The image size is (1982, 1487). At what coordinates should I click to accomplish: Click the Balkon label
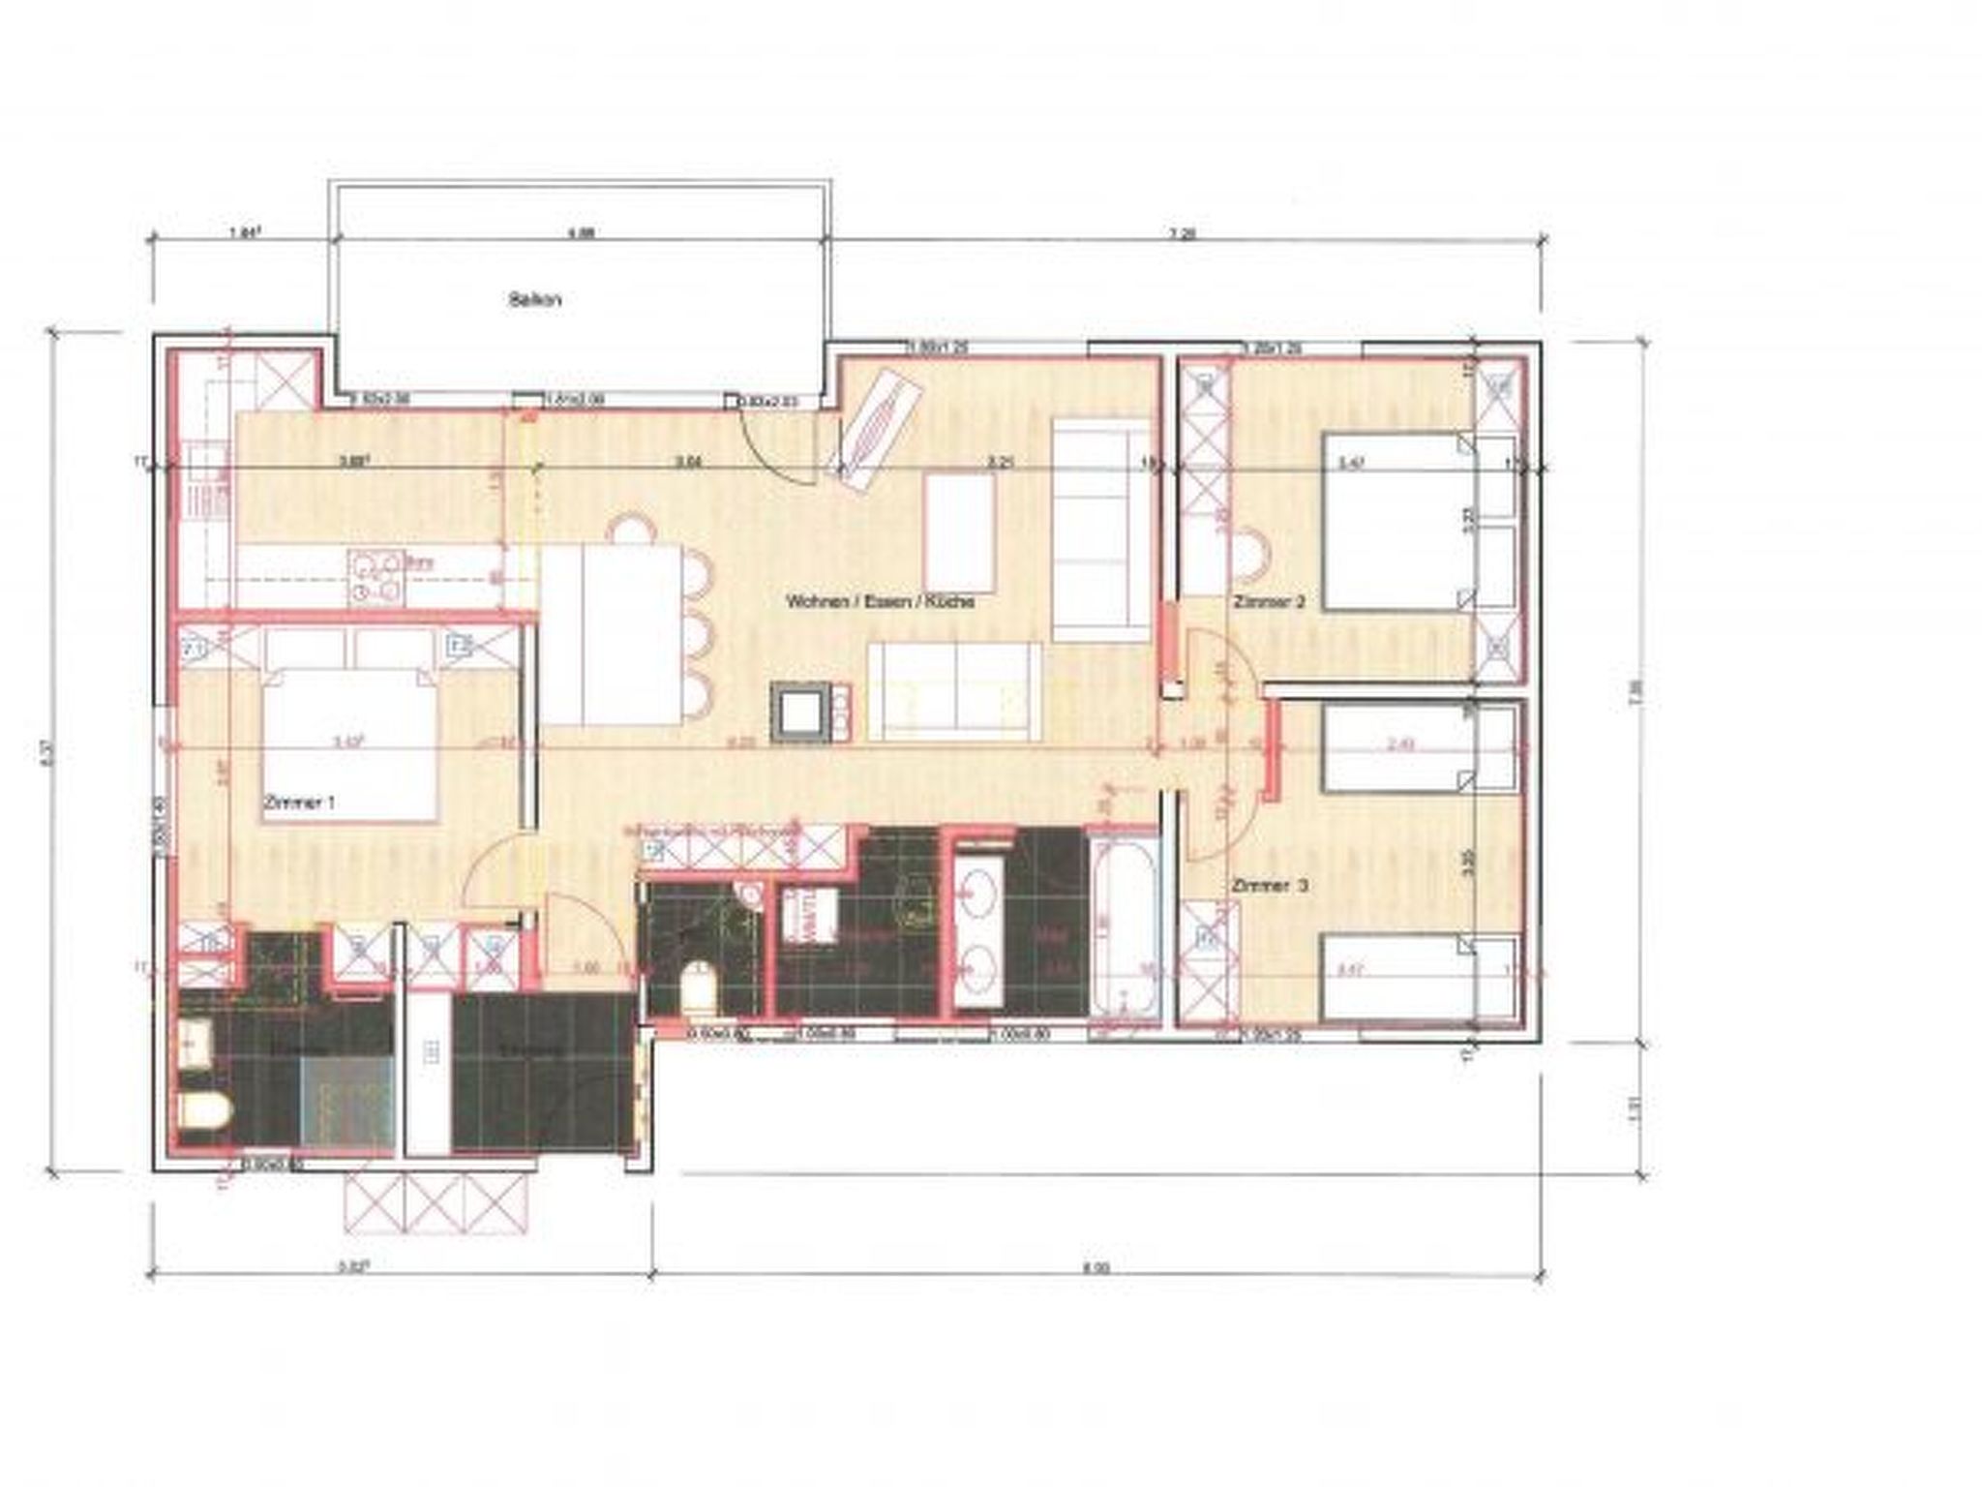point(534,300)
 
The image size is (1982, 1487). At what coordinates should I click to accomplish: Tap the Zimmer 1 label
point(299,803)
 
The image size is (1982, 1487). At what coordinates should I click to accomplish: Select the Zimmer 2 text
point(1269,602)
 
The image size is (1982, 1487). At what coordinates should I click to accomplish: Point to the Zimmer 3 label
point(1271,886)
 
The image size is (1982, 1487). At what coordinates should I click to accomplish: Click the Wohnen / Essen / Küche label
point(879,602)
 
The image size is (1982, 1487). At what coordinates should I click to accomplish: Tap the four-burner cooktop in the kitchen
point(375,578)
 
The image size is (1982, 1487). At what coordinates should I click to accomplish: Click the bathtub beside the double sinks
point(1123,929)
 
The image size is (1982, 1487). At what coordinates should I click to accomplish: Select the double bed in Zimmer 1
point(350,745)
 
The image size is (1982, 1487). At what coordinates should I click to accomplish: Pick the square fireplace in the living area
point(799,713)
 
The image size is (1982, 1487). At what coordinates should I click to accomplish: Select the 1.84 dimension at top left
point(244,232)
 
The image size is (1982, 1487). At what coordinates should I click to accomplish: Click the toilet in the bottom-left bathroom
point(204,1112)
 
